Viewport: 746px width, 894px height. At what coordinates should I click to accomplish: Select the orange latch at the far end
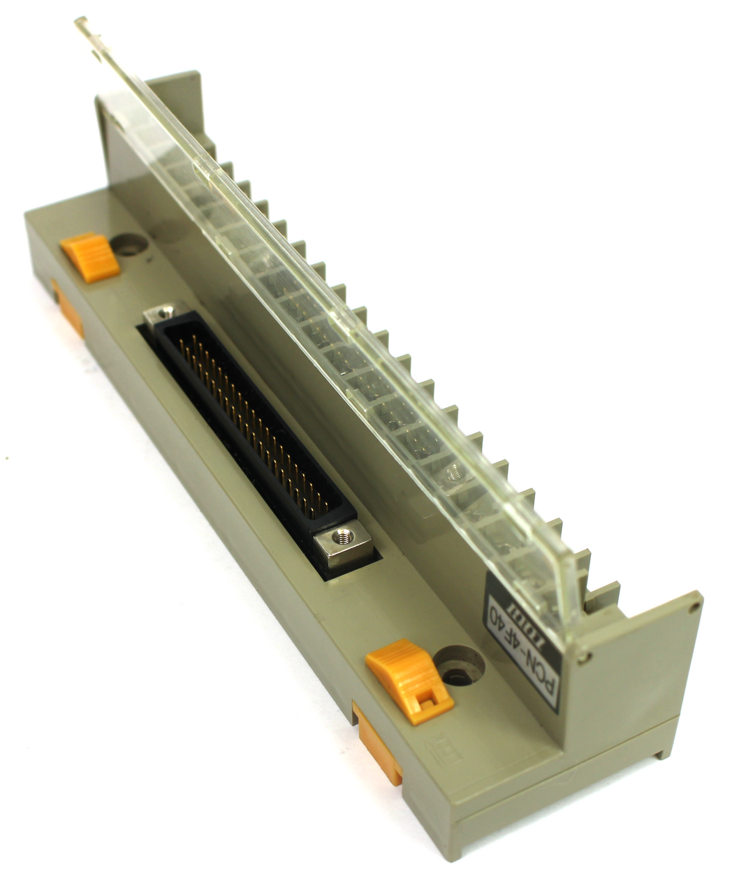pos(90,256)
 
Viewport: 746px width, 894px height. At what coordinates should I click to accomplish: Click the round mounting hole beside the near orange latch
pos(458,666)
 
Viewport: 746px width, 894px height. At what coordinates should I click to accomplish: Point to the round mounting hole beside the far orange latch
pos(129,244)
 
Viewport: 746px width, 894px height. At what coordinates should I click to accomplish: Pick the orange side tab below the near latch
pos(378,744)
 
